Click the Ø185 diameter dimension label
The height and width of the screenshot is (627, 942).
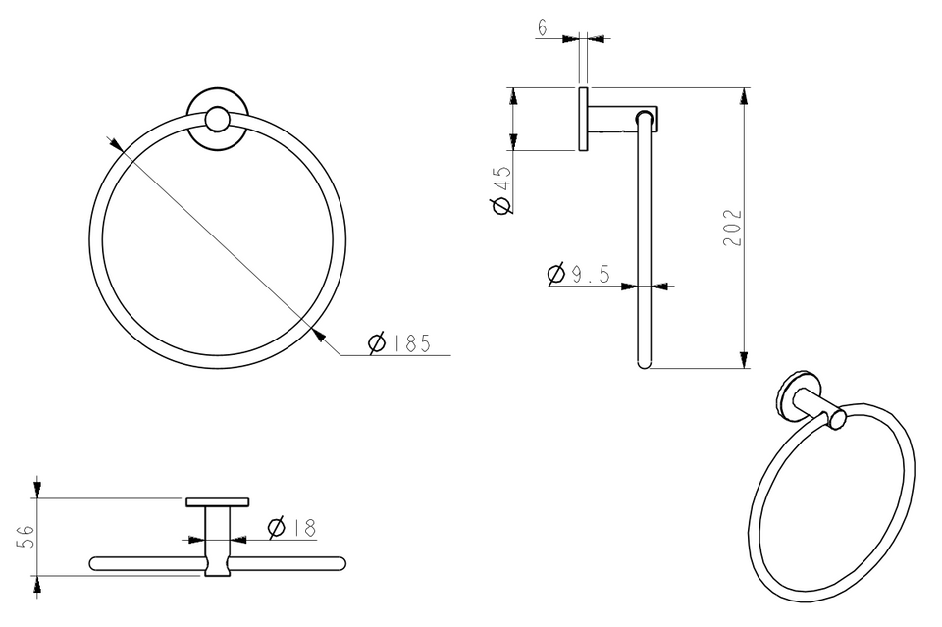pyautogui.click(x=399, y=342)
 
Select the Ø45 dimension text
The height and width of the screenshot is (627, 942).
pyautogui.click(x=501, y=189)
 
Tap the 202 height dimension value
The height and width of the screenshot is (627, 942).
pyautogui.click(x=733, y=228)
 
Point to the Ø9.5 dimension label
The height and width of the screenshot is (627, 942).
pyautogui.click(x=579, y=274)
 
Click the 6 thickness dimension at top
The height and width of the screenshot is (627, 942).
pyautogui.click(x=543, y=27)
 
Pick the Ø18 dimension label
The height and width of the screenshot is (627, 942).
pyautogui.click(x=292, y=528)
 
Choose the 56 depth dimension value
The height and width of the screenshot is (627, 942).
pyautogui.click(x=26, y=537)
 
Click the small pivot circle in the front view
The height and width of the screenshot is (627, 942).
pyautogui.click(x=217, y=120)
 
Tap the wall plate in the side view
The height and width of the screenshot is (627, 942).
pyautogui.click(x=583, y=119)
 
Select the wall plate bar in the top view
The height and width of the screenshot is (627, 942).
pyautogui.click(x=218, y=502)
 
